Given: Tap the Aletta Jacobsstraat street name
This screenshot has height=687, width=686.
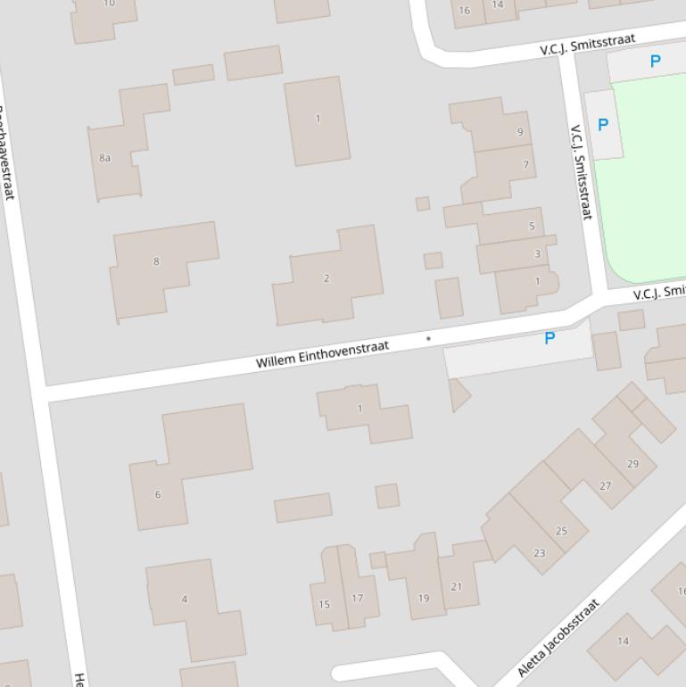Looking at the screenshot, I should click(x=558, y=638).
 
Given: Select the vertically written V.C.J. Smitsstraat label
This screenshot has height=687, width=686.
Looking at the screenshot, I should click(x=581, y=171).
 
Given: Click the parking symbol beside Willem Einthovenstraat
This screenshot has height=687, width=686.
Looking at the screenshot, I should click(x=550, y=338).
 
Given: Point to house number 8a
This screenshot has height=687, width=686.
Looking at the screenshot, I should click(x=105, y=158).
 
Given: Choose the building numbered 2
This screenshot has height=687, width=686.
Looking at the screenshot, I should click(x=326, y=278).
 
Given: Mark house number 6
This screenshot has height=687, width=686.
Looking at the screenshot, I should click(x=158, y=494).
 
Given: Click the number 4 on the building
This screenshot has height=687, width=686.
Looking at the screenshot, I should click(x=185, y=599).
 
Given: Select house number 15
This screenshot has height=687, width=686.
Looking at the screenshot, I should click(x=324, y=604).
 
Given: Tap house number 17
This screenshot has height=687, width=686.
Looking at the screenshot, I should click(x=358, y=598).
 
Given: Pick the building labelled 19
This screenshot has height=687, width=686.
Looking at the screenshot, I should click(x=424, y=598).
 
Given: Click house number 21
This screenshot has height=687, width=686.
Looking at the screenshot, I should click(x=457, y=586).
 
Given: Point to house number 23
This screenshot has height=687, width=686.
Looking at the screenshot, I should click(x=539, y=553).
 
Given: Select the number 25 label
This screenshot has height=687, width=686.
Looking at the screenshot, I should click(x=561, y=531).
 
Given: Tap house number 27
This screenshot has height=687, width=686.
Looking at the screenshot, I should click(x=606, y=486).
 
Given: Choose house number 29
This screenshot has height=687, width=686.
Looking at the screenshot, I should click(x=632, y=464).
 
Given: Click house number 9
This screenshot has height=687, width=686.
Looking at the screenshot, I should click(x=520, y=132).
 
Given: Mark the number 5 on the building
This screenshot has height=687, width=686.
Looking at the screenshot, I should click(x=532, y=226).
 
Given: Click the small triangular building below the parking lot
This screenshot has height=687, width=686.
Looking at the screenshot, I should click(x=459, y=393).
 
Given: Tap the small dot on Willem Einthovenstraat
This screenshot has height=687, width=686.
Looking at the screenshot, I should click(x=428, y=339).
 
